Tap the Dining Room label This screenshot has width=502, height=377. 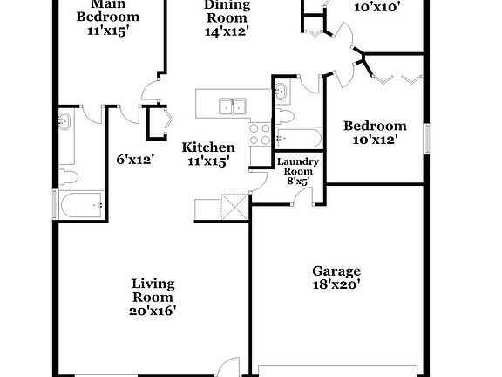tap(227, 4)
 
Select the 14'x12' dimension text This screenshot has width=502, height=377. tap(227, 31)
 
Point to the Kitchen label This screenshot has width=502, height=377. tap(208, 147)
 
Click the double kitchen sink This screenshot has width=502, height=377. tap(231, 106)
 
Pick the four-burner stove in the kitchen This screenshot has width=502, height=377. tap(260, 133)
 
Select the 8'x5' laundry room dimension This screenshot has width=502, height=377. tap(297, 182)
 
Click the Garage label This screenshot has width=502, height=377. tap(336, 271)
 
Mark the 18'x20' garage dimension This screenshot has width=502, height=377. tap(336, 284)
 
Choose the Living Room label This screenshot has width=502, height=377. tap(153, 290)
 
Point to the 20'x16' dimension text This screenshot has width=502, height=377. tap(153, 312)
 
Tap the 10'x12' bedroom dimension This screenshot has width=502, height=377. tap(375, 138)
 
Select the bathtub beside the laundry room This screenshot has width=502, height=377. tap(298, 138)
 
